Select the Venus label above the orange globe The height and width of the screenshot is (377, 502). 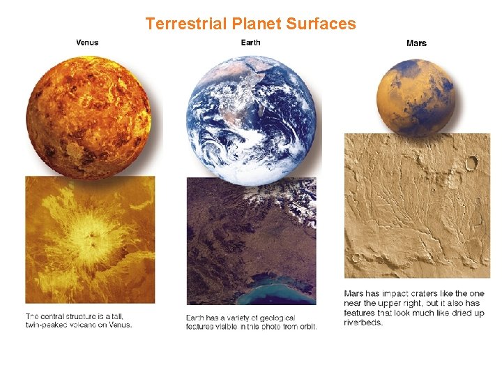[x=87, y=43]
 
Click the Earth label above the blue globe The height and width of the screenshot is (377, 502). [x=250, y=43]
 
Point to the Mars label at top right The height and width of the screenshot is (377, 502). [x=416, y=43]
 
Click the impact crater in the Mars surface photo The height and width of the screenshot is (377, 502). [x=471, y=163]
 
